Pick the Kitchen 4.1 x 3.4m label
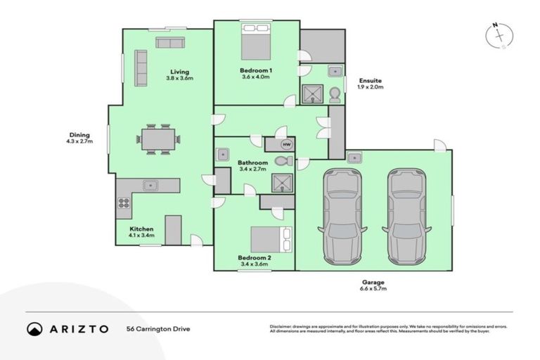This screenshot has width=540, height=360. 141,233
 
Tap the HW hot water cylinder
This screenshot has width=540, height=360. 285,145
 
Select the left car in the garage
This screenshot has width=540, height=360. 342,214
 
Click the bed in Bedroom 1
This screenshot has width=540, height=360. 255,41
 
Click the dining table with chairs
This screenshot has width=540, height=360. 158,139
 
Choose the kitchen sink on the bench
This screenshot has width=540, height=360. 150,186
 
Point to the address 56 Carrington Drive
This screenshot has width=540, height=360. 158,328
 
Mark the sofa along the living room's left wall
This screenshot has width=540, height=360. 140,68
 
